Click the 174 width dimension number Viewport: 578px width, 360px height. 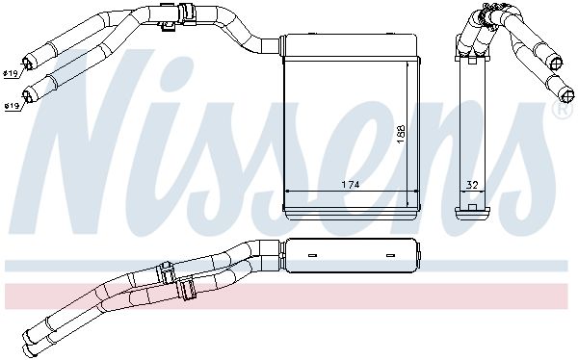351,185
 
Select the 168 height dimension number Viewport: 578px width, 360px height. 401,134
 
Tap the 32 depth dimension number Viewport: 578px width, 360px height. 472,185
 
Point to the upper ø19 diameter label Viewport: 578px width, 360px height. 11,74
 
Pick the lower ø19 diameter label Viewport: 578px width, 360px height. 12,106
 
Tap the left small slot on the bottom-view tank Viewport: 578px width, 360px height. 312,255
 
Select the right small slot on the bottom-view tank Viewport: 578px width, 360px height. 390,255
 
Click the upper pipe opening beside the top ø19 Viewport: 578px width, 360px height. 28,63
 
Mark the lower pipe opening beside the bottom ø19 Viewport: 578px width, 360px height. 28,95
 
